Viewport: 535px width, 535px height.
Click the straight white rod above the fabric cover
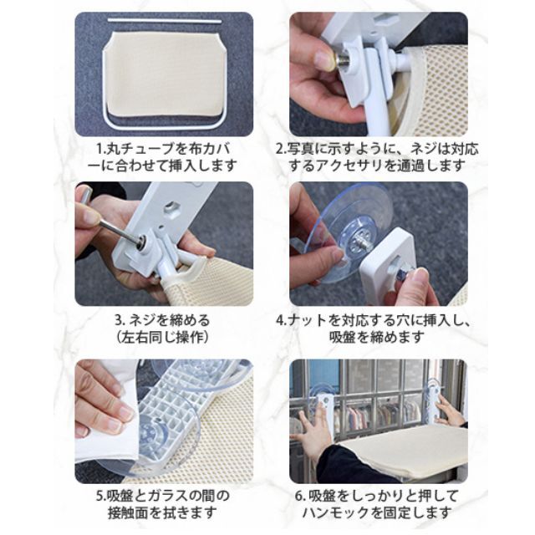pos(165,21)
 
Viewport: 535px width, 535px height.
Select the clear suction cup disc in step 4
pos(344,232)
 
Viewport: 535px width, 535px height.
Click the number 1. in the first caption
pos(102,149)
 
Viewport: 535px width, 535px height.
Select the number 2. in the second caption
pos(281,149)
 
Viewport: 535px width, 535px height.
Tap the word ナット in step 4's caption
pos(307,321)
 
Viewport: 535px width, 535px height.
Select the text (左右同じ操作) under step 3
pos(162,338)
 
